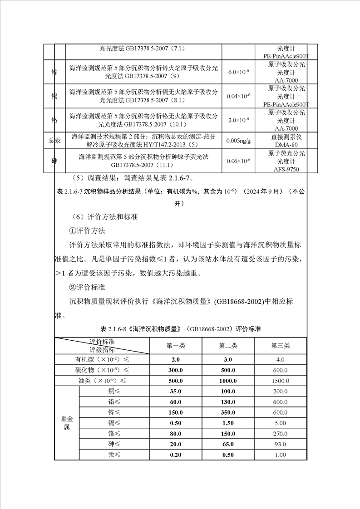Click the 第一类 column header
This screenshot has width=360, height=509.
[176, 346]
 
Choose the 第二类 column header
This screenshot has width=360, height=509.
[228, 346]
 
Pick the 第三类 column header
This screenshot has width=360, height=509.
[280, 346]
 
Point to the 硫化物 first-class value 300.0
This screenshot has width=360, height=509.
[176, 370]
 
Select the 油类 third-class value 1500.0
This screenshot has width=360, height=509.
[280, 380]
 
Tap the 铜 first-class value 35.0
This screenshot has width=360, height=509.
[176, 391]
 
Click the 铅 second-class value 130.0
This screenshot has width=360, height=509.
[228, 401]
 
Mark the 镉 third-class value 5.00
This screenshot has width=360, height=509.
[280, 423]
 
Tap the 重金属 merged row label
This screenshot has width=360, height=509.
[67, 423]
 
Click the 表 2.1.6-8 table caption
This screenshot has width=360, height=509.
[180, 328]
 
